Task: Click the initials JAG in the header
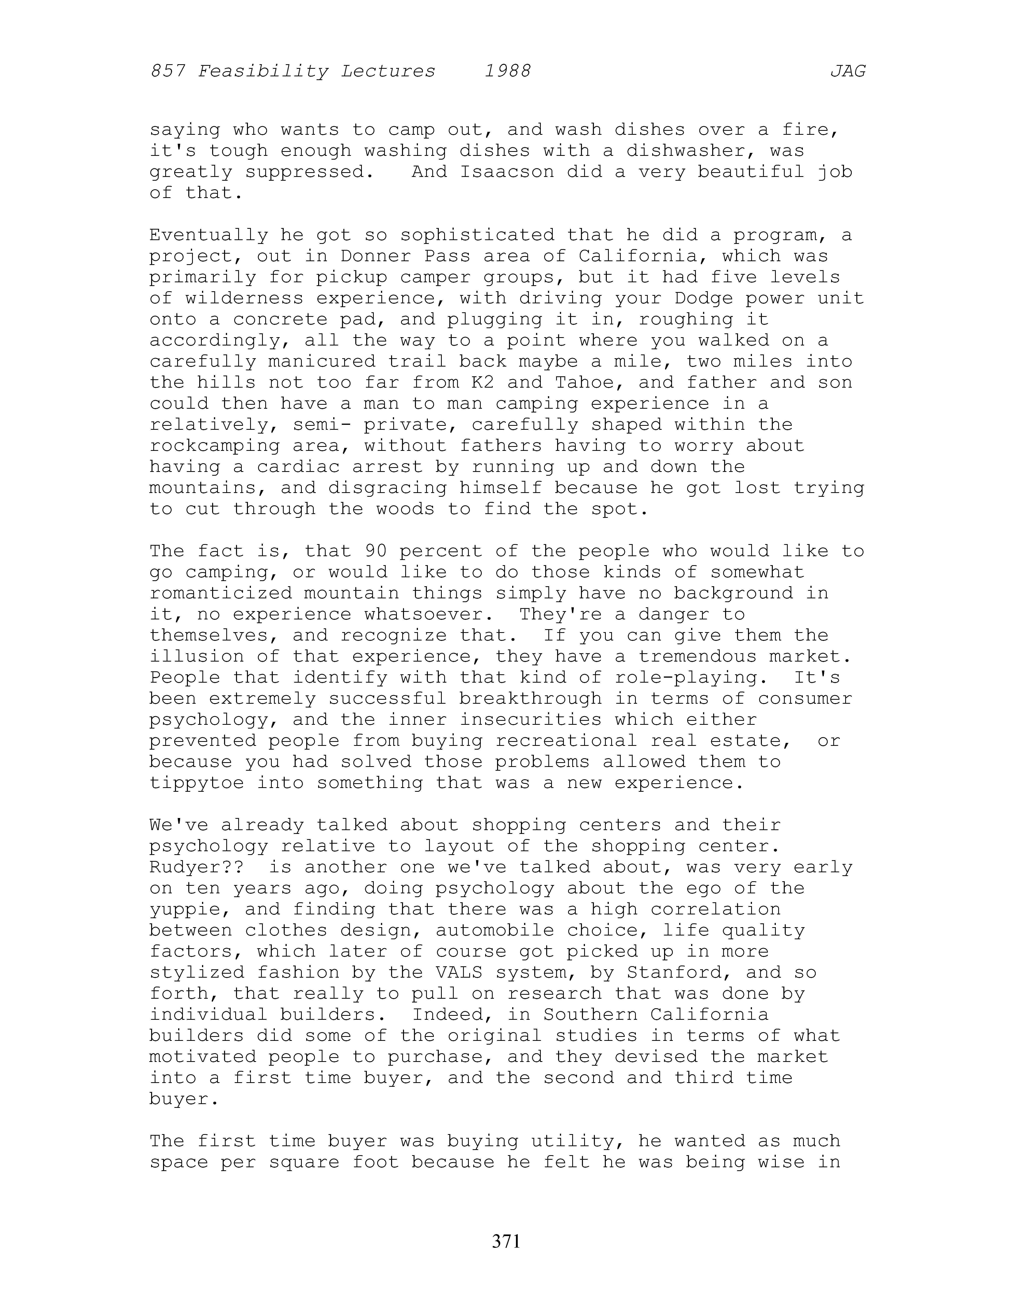848,72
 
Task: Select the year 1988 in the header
508,72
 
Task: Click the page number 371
506,1240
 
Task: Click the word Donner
375,256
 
